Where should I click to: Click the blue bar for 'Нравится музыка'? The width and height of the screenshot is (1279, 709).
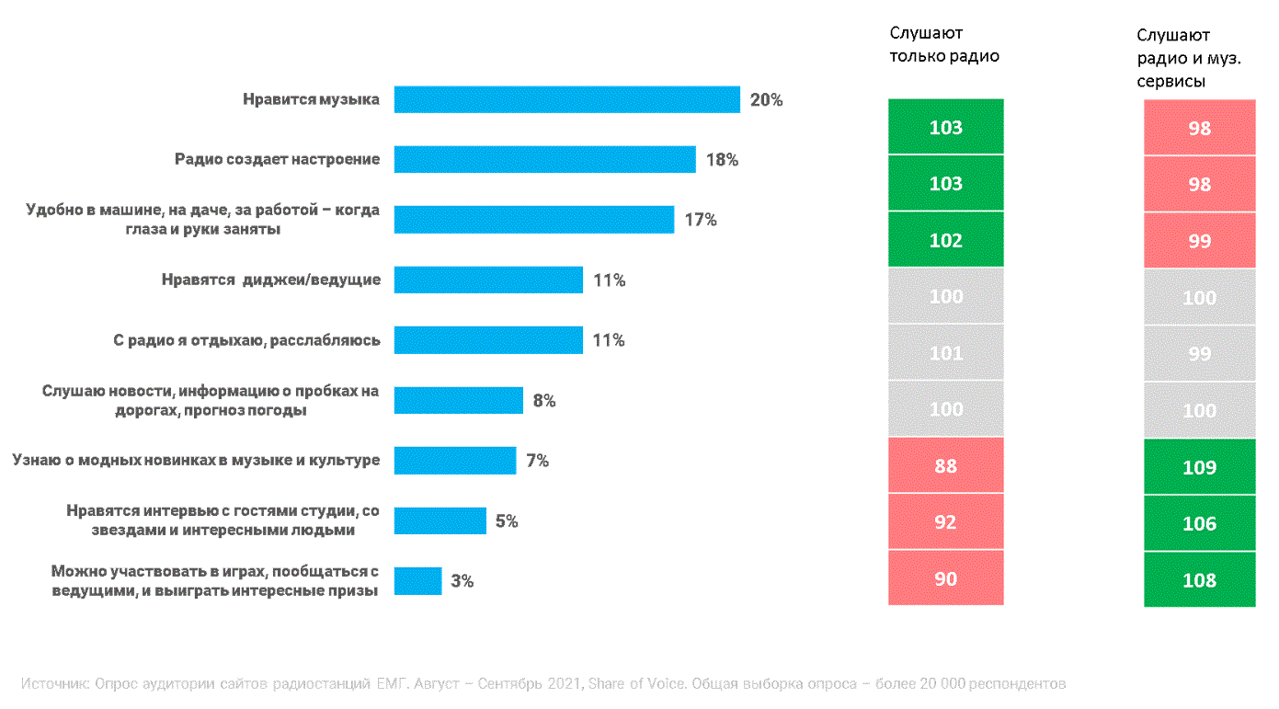pos(566,99)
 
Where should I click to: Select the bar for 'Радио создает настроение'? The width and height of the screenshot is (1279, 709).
pos(544,159)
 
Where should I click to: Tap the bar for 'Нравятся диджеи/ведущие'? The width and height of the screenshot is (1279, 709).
pos(488,280)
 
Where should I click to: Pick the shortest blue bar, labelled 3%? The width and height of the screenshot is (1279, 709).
pos(417,581)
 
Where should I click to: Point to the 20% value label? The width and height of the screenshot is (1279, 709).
pos(766,100)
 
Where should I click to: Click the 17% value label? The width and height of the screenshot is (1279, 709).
pos(700,220)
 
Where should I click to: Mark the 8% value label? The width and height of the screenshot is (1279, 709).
pos(543,401)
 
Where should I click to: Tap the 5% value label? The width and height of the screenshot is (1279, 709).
pos(507,521)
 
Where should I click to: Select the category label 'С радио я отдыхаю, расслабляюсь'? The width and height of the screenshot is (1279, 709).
pos(246,340)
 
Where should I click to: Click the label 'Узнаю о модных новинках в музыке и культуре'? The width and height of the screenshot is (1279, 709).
pos(196,460)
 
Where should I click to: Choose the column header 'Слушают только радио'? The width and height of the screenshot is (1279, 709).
pos(943,45)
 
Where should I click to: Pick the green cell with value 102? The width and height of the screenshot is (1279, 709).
pos(945,240)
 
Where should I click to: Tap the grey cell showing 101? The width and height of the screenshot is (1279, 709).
pos(945,353)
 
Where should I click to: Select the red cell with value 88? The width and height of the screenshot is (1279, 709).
pos(945,466)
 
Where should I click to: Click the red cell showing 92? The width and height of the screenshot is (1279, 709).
pos(945,522)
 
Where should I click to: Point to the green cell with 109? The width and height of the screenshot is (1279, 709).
pos(1199,467)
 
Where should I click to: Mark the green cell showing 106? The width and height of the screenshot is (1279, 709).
pos(1199,523)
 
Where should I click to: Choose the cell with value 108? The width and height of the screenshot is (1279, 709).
pos(1199,580)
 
